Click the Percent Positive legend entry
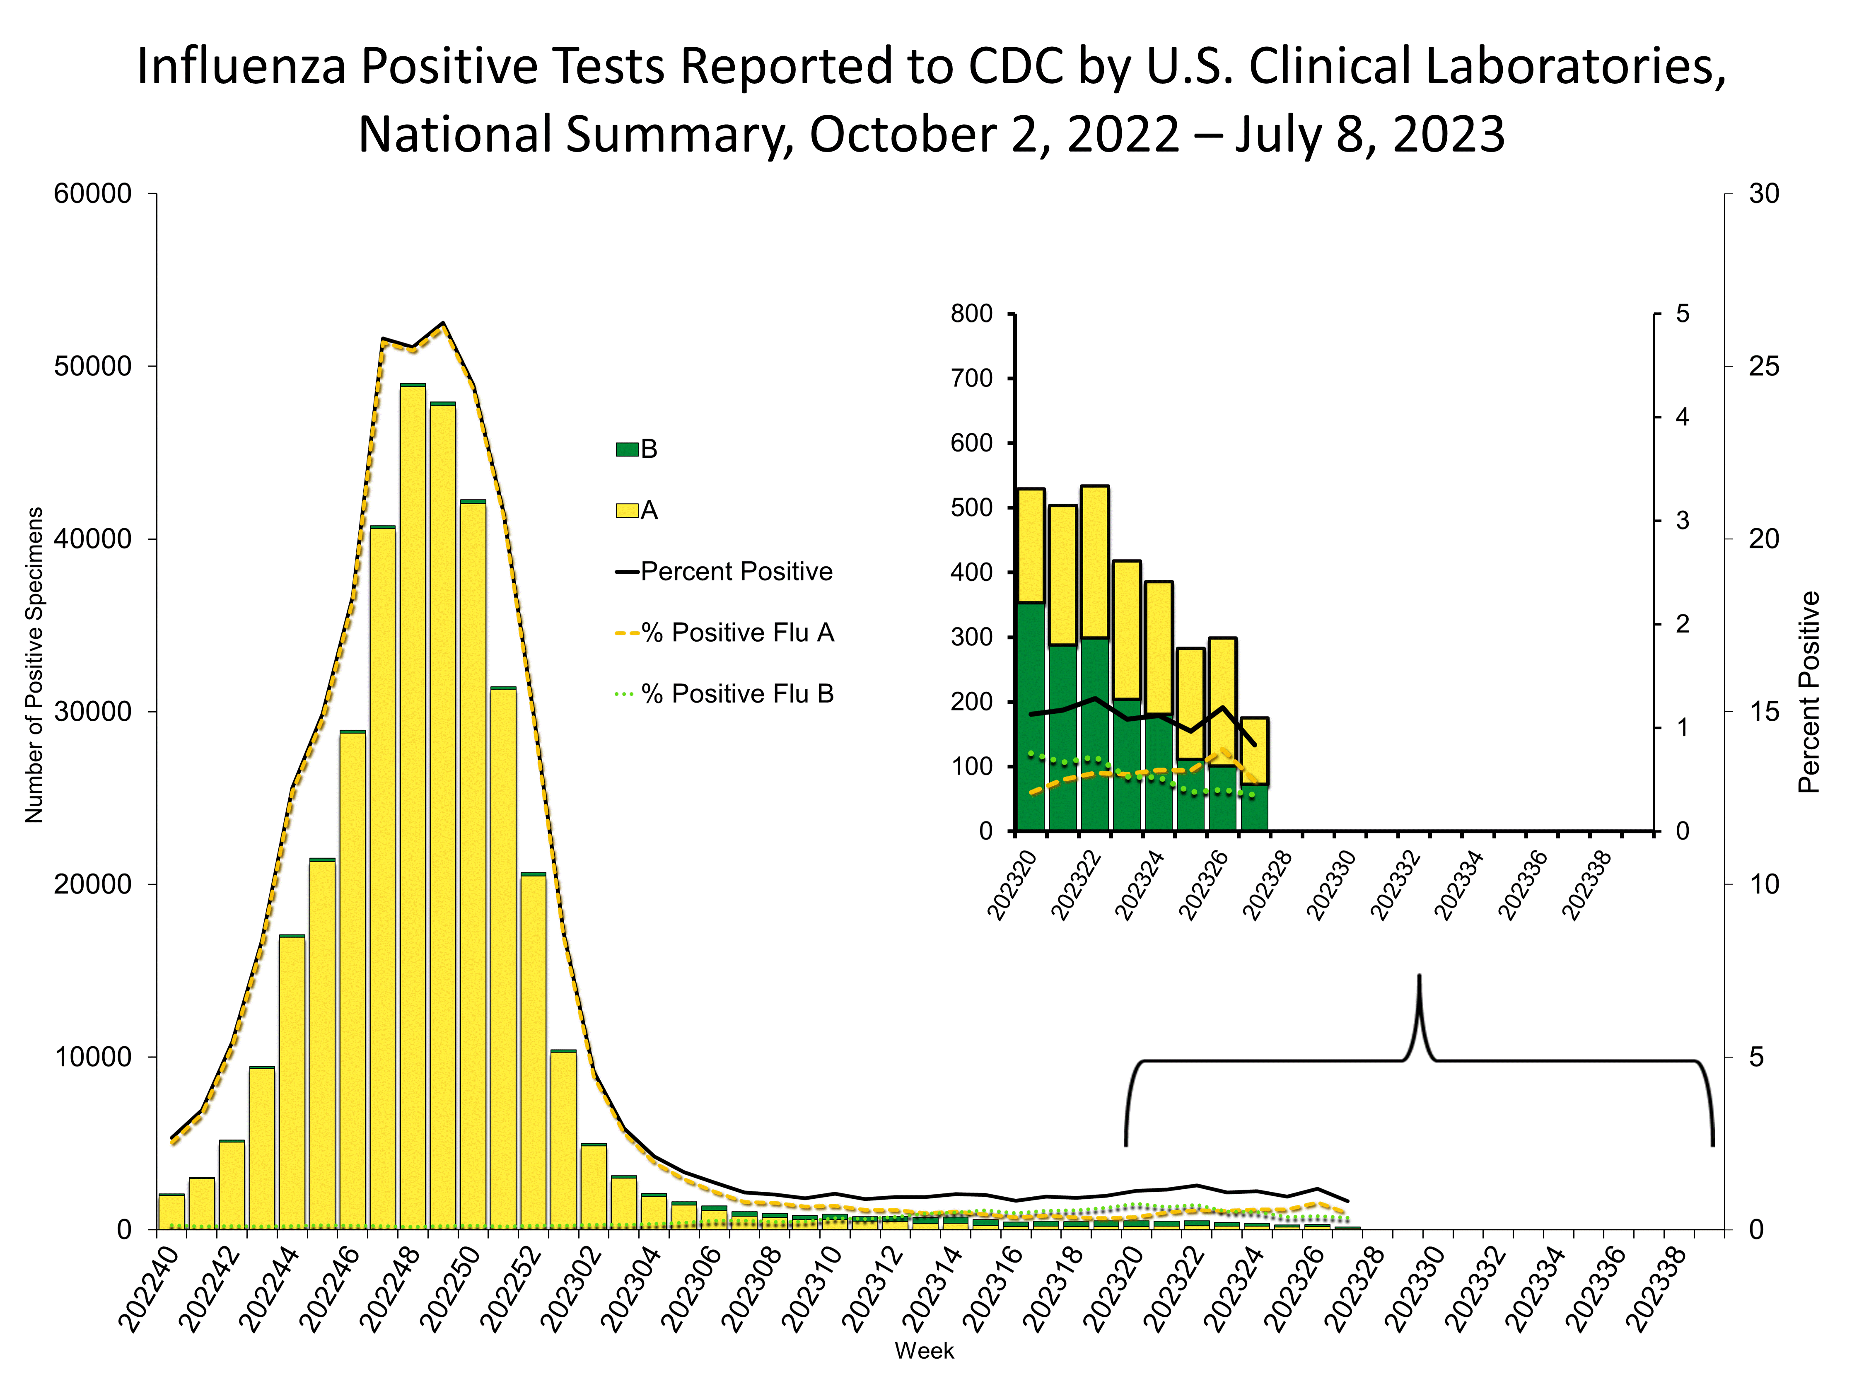pyautogui.click(x=736, y=571)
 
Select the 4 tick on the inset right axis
pyautogui.click(x=1682, y=417)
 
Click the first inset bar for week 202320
pyautogui.click(x=1031, y=657)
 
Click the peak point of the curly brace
pyautogui.click(x=1419, y=978)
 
